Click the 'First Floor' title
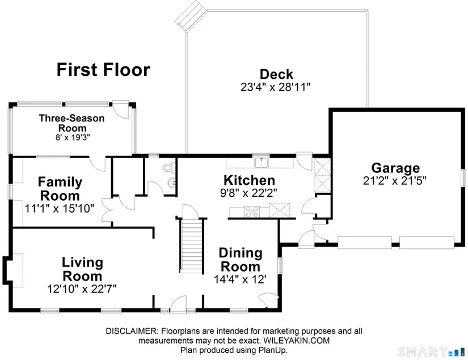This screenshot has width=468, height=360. (103, 70)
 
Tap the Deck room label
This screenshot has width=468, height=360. (276, 74)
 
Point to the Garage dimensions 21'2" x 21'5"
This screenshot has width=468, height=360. (395, 181)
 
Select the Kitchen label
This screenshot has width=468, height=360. (249, 180)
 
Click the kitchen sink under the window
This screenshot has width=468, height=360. (261, 163)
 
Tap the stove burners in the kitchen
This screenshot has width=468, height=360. (252, 212)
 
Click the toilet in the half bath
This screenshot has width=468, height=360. (169, 167)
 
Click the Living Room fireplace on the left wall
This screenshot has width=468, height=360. (14, 270)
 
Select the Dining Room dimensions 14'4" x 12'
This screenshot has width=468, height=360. (240, 279)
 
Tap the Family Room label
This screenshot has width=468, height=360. (60, 189)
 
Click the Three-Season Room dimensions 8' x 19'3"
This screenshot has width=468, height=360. (73, 138)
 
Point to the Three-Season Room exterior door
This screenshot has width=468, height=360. (121, 109)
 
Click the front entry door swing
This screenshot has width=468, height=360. (178, 304)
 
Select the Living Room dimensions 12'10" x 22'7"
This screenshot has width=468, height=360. (82, 289)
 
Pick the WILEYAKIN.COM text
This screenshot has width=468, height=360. (297, 341)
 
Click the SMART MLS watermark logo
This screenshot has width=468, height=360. (431, 352)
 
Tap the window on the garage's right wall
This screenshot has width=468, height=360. (464, 178)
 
